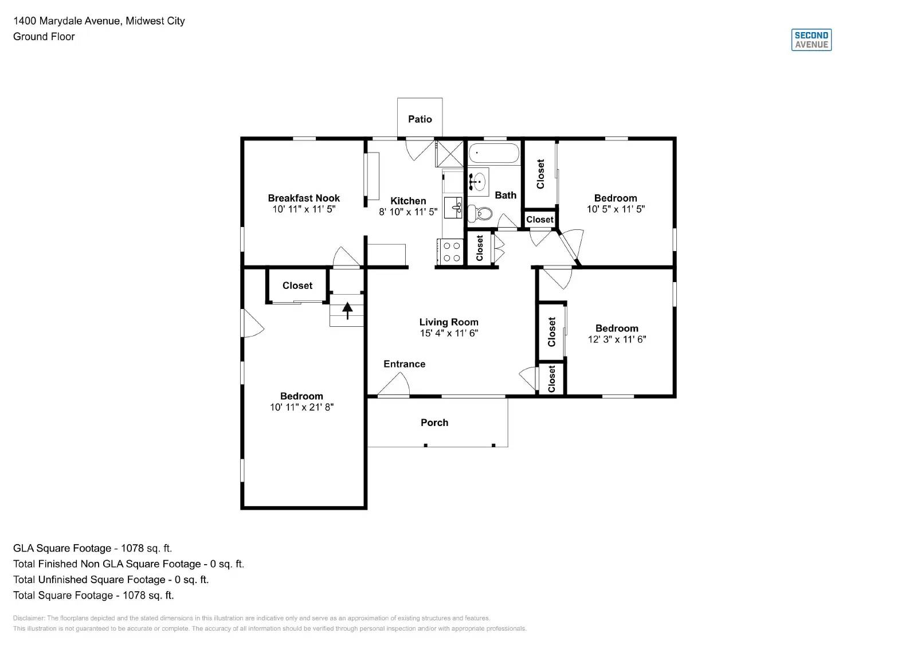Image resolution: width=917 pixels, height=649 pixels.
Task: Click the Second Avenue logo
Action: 811,40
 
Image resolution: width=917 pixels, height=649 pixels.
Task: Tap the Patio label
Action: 420,119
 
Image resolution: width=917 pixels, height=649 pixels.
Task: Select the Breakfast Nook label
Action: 304,198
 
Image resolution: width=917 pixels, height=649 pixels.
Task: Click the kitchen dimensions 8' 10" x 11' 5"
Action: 408,212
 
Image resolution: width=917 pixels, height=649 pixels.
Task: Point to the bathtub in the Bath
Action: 493,154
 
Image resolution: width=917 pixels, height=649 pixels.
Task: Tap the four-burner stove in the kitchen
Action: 452,252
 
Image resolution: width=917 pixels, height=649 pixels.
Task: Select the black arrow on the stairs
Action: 347,310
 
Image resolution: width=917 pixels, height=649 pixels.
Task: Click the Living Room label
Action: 449,322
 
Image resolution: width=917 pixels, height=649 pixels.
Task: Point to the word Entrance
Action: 404,364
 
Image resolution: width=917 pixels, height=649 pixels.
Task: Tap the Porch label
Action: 434,423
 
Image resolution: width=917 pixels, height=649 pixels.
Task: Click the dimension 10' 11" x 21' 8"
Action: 301,407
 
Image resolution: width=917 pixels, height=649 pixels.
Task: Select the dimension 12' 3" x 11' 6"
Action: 617,339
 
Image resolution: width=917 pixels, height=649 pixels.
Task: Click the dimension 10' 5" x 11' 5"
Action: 616,209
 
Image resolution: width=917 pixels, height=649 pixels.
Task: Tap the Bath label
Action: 505,196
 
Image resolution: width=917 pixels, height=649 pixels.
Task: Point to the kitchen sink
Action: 454,207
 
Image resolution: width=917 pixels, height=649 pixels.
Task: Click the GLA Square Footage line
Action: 92,548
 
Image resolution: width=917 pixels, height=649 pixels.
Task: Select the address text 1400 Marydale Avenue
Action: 67,21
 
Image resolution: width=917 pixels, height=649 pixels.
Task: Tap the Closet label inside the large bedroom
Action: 297,286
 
